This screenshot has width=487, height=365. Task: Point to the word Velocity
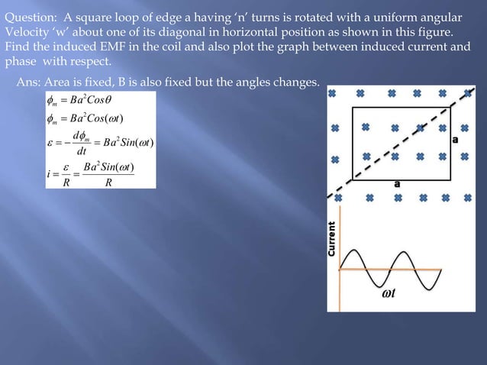coord(28,32)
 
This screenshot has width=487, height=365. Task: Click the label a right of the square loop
coord(456,140)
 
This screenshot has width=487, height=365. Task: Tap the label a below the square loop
coord(397,184)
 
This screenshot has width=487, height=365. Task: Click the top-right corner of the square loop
coord(450,108)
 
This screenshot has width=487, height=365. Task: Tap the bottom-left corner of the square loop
coord(353,176)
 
